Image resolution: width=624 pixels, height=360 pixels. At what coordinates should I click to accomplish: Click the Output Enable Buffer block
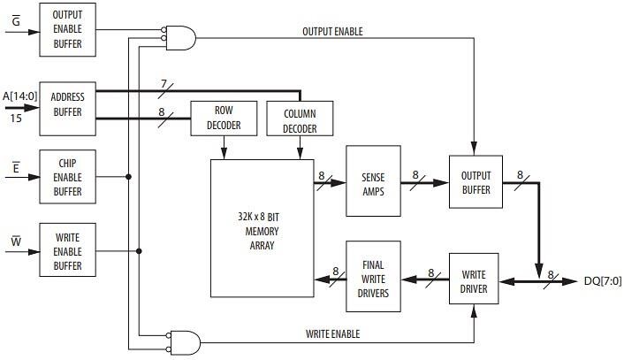click(x=67, y=29)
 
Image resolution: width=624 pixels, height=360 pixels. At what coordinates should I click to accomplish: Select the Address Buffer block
click(x=67, y=105)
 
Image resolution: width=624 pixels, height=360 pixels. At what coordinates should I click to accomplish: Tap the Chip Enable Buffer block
click(x=67, y=177)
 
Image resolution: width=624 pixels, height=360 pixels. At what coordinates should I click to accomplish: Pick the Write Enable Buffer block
click(x=67, y=250)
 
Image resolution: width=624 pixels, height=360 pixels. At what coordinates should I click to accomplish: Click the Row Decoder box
click(x=224, y=119)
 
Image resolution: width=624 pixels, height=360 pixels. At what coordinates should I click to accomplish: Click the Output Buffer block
click(x=475, y=182)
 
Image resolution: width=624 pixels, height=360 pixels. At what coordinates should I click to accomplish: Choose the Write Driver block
click(x=475, y=276)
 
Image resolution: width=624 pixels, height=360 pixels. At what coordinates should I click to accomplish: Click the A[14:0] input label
click(x=17, y=95)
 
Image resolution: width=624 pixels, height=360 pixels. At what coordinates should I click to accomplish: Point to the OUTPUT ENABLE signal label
click(x=332, y=32)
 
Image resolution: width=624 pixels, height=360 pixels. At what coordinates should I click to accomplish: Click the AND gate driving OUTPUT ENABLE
click(x=182, y=36)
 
